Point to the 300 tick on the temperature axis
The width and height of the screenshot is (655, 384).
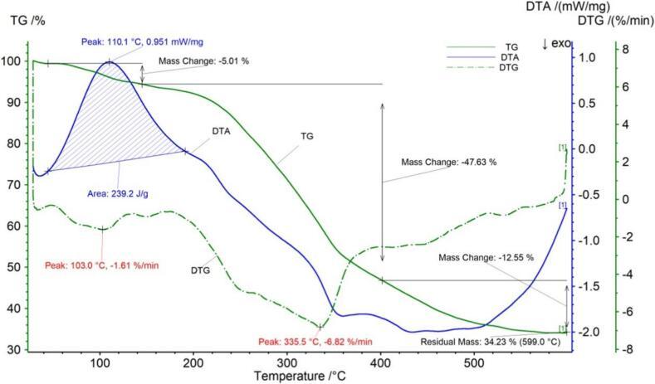click(287, 361)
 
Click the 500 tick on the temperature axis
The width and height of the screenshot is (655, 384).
click(474, 361)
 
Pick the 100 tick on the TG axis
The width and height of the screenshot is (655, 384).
click(12, 61)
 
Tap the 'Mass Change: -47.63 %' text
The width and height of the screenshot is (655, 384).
click(448, 163)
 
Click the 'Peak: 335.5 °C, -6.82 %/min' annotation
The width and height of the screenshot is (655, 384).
click(315, 341)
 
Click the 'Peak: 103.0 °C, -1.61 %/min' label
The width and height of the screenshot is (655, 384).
click(101, 265)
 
